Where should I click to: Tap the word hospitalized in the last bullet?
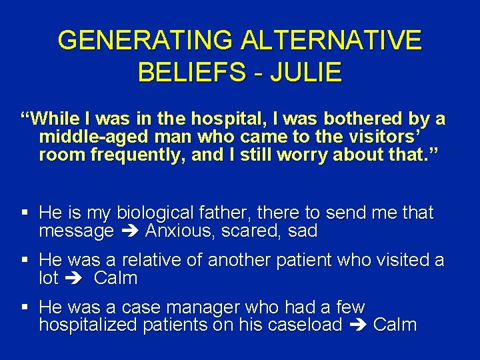[90, 325]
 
